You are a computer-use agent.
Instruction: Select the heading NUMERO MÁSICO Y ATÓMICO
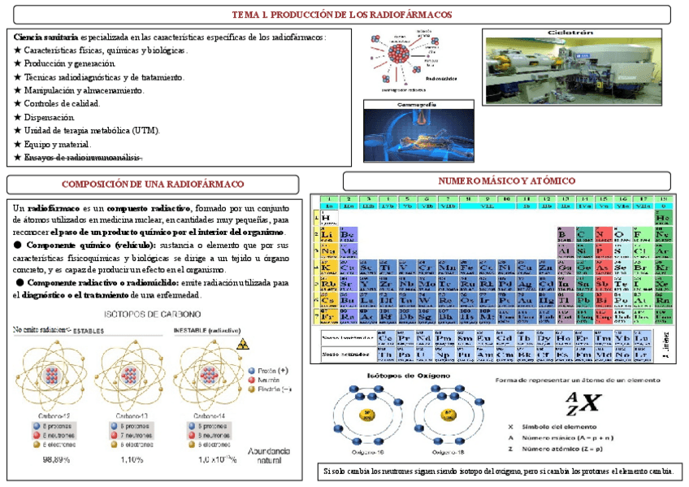(x=506, y=180)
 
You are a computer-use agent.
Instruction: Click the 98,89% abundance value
(x=56, y=459)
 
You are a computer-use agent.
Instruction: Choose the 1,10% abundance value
(x=131, y=459)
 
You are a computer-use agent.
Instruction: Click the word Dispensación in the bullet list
(x=51, y=116)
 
